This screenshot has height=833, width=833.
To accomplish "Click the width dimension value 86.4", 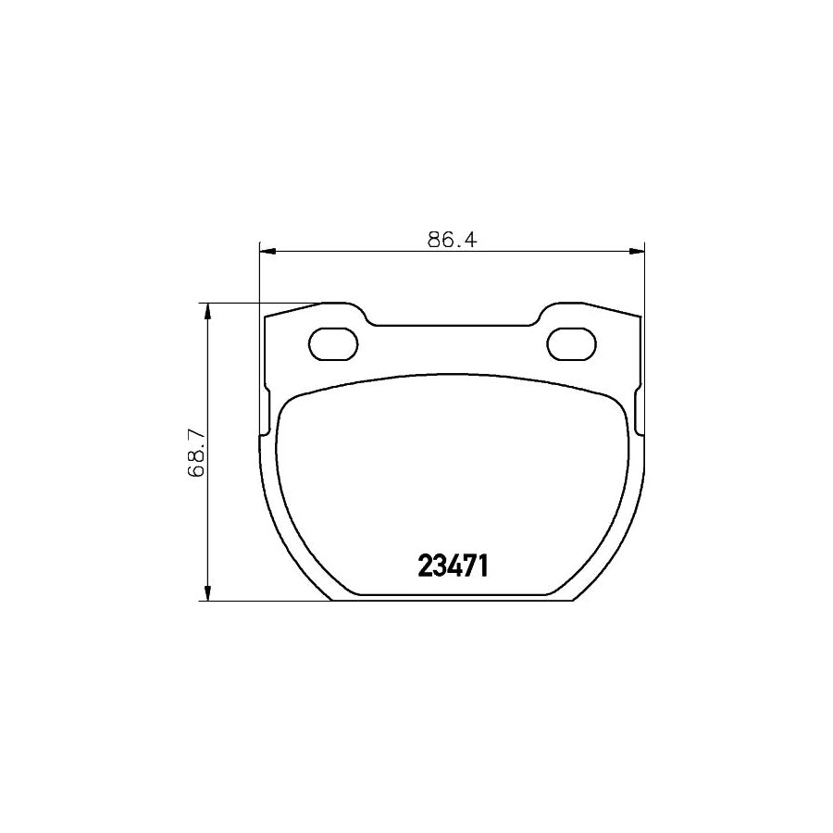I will (451, 238).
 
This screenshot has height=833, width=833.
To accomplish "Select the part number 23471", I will (453, 565).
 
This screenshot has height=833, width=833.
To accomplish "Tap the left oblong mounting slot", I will (332, 344).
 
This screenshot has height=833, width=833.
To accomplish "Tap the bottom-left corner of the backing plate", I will (331, 600).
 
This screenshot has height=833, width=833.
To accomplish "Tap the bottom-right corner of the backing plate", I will (574, 600).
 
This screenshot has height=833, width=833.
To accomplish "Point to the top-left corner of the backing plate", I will (267, 317).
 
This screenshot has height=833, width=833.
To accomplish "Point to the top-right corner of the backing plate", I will (640, 317).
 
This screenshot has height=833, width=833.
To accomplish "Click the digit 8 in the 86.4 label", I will (434, 238).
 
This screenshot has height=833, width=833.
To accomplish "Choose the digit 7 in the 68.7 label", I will (195, 430).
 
